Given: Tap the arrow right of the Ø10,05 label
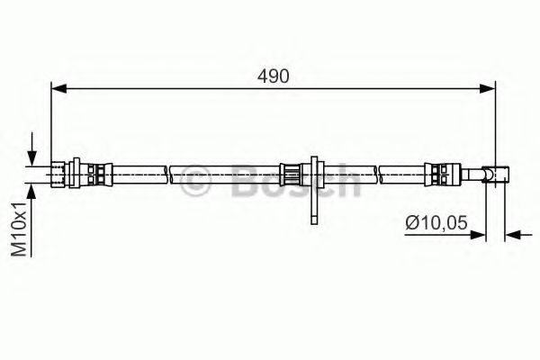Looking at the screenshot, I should [x=480, y=236].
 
